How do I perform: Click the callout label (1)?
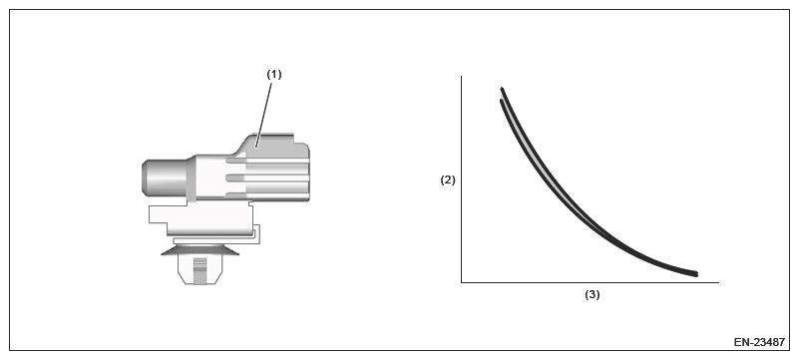coord(274,75)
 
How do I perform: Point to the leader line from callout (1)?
coord(264,114)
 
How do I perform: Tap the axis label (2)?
coord(448,180)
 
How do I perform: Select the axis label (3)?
coord(593,295)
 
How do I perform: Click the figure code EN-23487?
coord(759,342)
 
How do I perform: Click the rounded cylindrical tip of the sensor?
coord(164,178)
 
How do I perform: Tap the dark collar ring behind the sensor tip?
coord(192,179)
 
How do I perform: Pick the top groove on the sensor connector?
coord(267,161)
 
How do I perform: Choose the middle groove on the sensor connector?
coord(267,178)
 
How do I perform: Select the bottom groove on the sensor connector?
coord(267,195)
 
